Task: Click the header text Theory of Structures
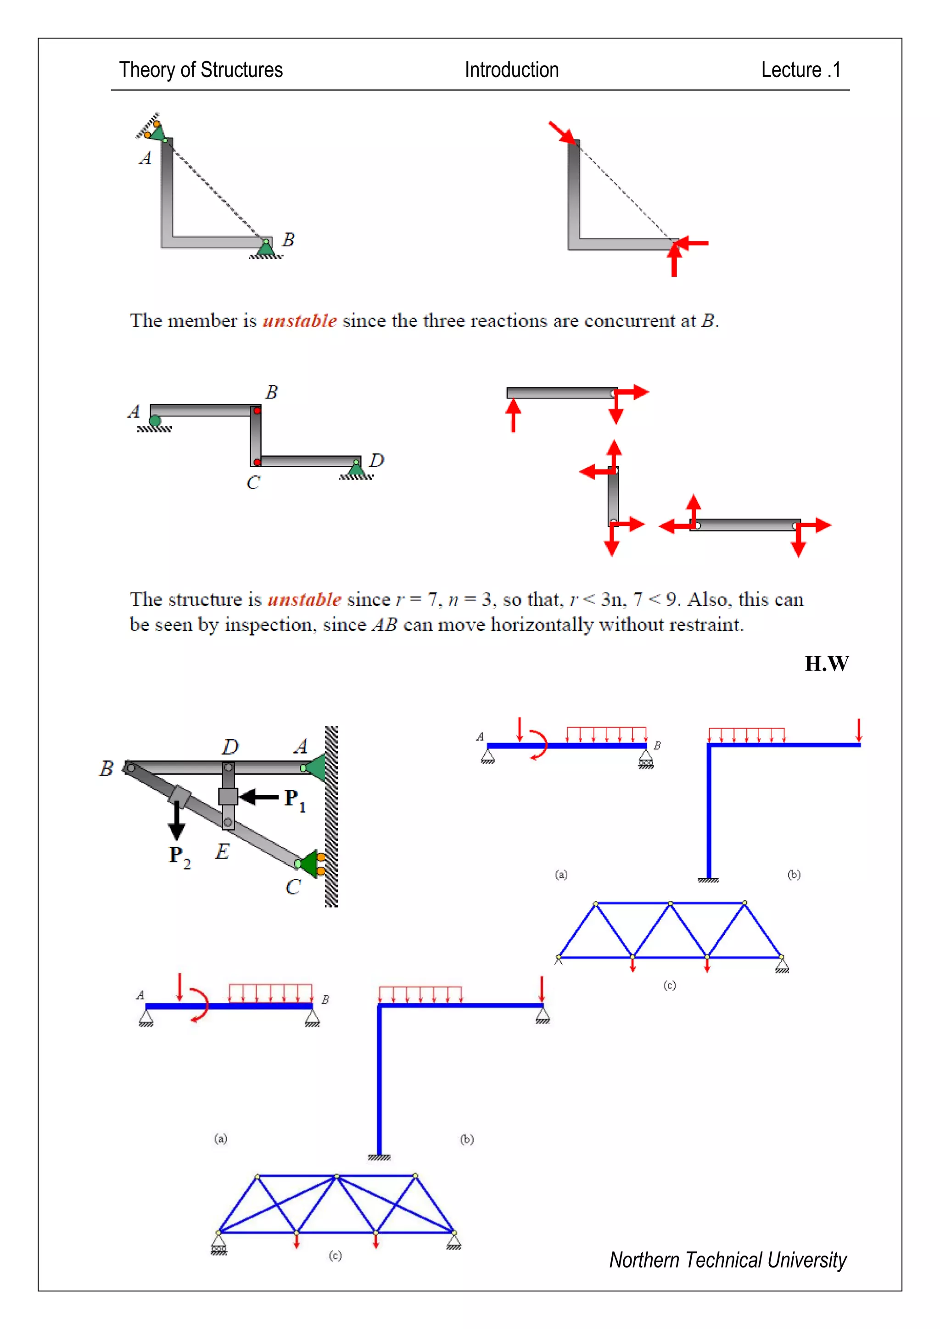[201, 70]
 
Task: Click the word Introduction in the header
[512, 70]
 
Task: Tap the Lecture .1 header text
[800, 70]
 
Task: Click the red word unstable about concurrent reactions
[299, 321]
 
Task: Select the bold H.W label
[826, 663]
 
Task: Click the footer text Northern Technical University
[727, 1260]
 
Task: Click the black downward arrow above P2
[177, 821]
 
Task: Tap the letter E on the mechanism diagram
[222, 851]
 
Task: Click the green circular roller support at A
[155, 421]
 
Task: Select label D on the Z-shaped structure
[376, 461]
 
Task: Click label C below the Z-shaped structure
[253, 483]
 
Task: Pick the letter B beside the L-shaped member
[288, 240]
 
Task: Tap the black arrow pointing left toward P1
[259, 798]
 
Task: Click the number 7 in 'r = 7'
[432, 600]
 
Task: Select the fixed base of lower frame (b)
[379, 1157]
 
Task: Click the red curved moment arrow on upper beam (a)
[541, 744]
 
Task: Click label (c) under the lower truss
[335, 1256]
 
